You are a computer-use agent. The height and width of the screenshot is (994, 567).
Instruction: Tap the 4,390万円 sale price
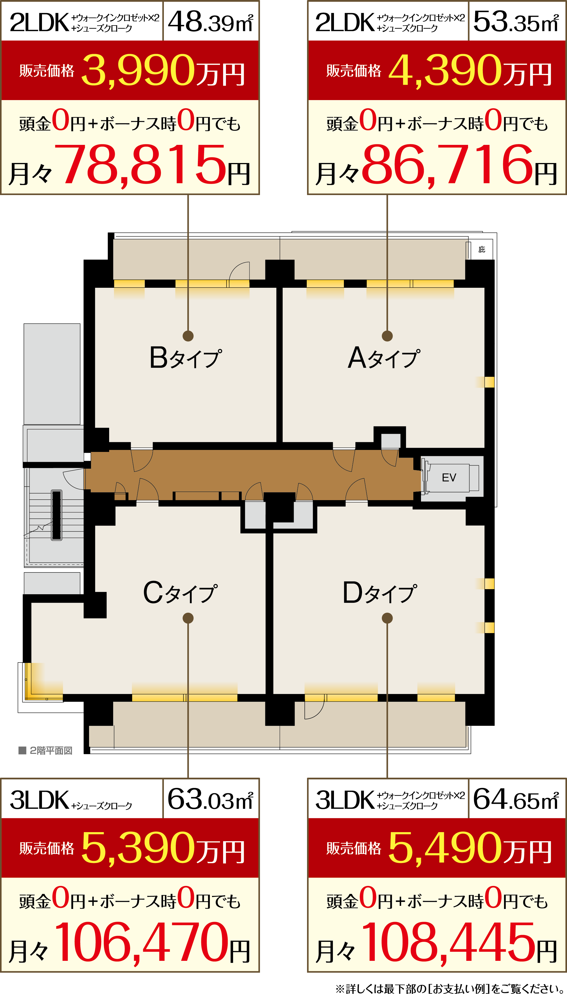(470, 71)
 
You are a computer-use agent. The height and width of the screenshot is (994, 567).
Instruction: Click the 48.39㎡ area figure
(211, 22)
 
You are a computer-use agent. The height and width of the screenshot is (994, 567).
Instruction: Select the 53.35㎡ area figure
(516, 22)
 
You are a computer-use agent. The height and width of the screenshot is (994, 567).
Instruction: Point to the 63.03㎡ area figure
(211, 799)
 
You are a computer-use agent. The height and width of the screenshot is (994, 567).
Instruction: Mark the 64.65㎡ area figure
(516, 799)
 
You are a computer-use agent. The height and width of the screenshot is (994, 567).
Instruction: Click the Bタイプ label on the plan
(186, 358)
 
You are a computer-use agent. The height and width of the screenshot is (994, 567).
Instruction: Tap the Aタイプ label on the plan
(384, 358)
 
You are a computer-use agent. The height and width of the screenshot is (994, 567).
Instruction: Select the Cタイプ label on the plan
(180, 593)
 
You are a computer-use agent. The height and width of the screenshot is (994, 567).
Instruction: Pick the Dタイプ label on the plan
(380, 593)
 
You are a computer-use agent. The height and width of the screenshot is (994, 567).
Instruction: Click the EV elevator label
(449, 478)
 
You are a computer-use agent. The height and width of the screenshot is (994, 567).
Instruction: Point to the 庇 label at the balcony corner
(482, 249)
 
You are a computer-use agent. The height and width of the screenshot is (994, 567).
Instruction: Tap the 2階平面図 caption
(46, 750)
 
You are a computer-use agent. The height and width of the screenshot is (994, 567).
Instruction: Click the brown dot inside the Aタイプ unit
(387, 336)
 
